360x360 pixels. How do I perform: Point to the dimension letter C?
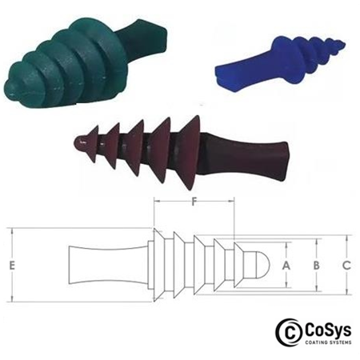pos(346,264)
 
